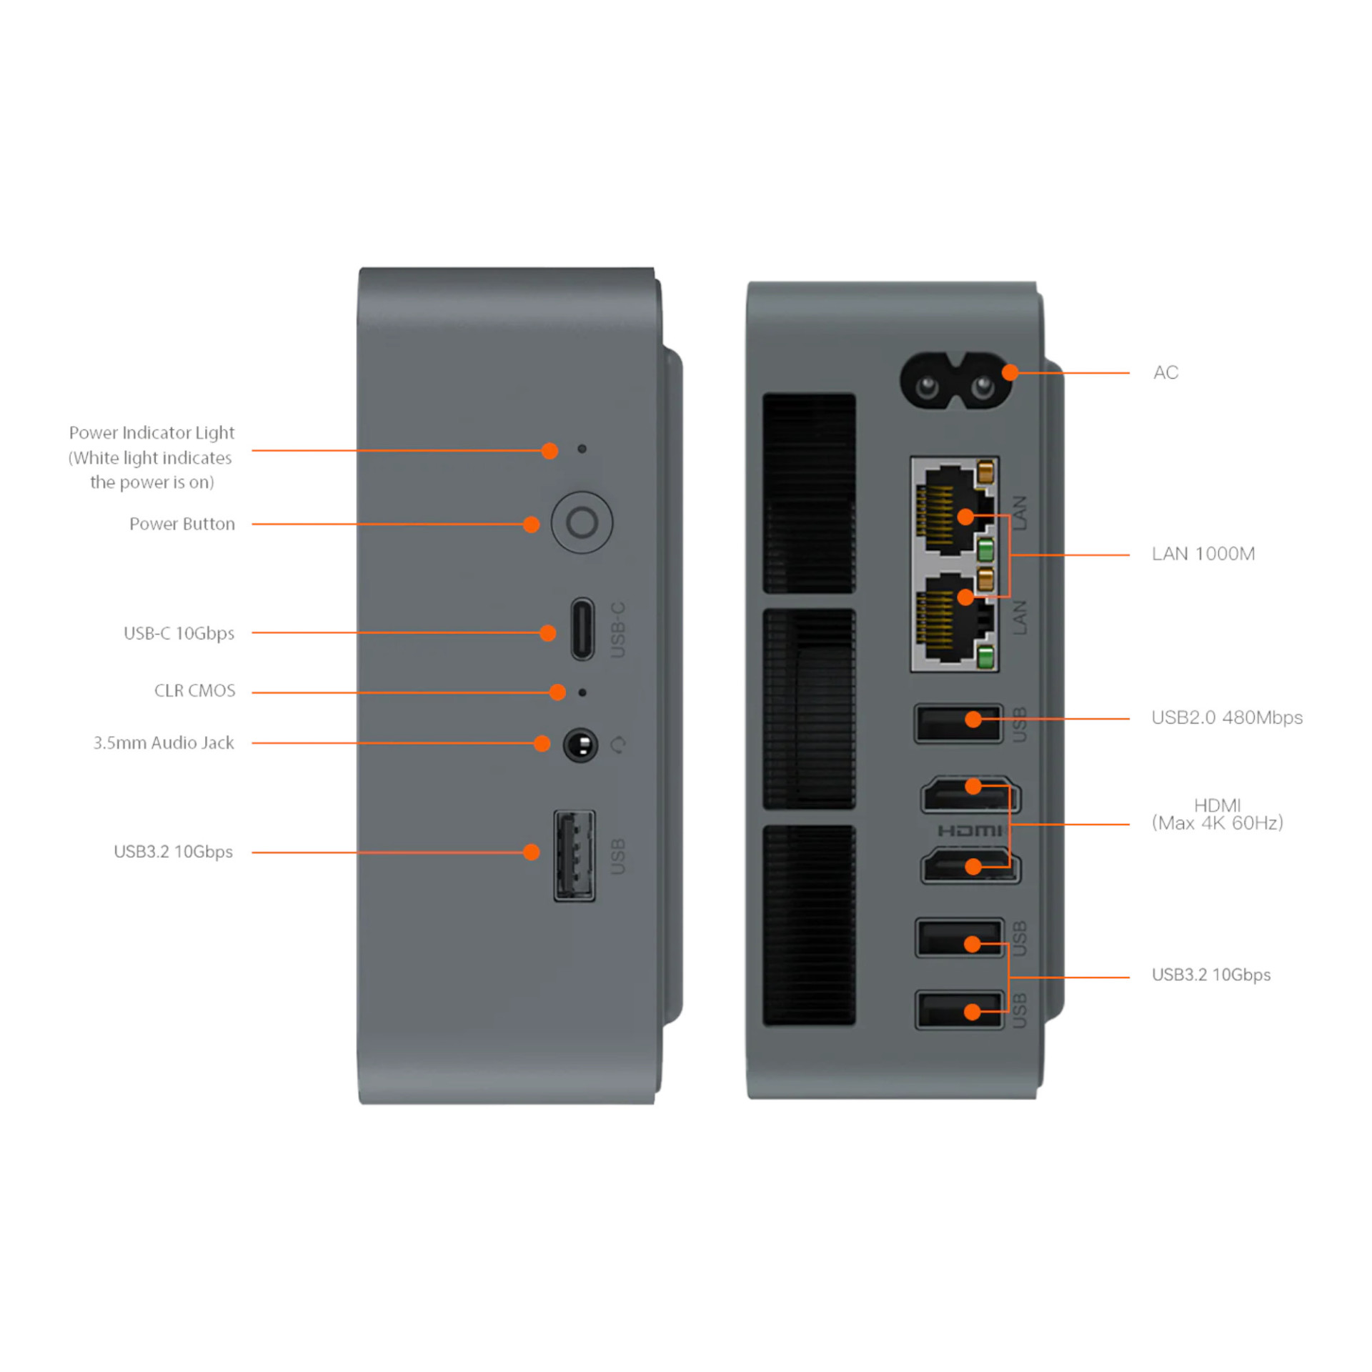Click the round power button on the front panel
[x=582, y=522]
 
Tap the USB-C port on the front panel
[x=582, y=630]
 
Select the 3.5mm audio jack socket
[x=580, y=745]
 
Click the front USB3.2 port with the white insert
[x=575, y=855]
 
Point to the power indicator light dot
[x=582, y=449]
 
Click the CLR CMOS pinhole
[x=582, y=692]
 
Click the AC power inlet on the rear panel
[x=955, y=382]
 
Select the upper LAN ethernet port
[x=955, y=510]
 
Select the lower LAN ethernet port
[x=955, y=617]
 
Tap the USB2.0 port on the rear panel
[x=958, y=724]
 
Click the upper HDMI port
[x=970, y=795]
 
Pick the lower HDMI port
[x=970, y=865]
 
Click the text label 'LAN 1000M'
[x=1203, y=554]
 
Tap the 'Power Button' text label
[x=182, y=524]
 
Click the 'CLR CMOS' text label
[x=194, y=690]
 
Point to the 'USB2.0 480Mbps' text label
[x=1227, y=717]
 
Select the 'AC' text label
[x=1165, y=372]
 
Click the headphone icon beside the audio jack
[x=618, y=745]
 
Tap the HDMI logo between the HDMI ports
[x=970, y=830]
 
